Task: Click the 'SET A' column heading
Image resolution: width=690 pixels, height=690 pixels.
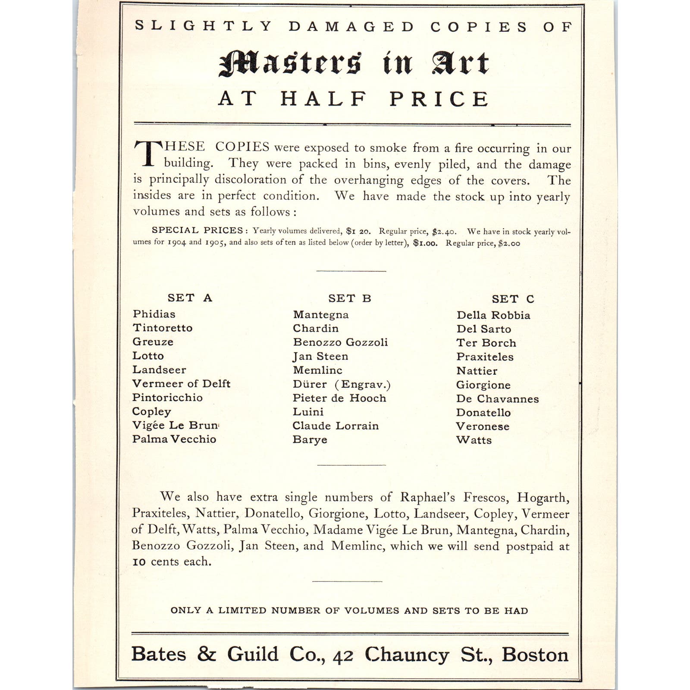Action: (x=190, y=298)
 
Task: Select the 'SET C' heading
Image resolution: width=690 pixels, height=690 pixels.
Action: (x=513, y=299)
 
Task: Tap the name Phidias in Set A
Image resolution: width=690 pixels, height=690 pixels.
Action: (x=154, y=314)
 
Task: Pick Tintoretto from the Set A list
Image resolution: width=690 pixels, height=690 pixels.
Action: (x=163, y=328)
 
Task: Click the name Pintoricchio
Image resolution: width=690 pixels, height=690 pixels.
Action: (x=167, y=398)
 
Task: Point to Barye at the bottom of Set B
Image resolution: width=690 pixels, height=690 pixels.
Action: (x=310, y=440)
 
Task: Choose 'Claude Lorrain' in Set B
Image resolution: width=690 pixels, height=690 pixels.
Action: (x=336, y=426)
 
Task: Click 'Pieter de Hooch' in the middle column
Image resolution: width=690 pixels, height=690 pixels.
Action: (x=339, y=398)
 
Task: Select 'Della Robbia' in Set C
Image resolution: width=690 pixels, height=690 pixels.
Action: (x=493, y=315)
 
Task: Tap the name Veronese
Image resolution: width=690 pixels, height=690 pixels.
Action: (x=483, y=427)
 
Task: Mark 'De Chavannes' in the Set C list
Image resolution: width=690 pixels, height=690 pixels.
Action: (x=497, y=399)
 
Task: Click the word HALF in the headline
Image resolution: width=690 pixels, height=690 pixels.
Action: (x=324, y=99)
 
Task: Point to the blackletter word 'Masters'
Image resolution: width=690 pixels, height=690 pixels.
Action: (x=290, y=63)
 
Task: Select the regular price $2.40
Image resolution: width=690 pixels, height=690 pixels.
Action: (x=444, y=232)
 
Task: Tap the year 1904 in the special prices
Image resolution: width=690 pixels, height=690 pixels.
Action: (x=177, y=242)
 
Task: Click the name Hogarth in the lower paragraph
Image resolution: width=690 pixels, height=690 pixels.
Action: (x=543, y=498)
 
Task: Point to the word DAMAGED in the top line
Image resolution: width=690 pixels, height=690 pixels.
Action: (x=351, y=27)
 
